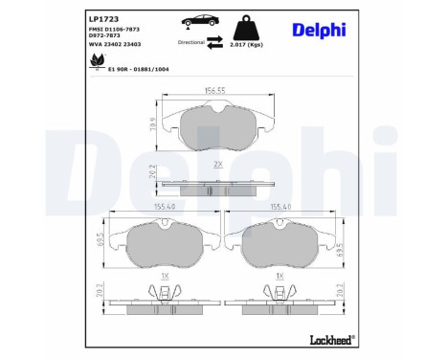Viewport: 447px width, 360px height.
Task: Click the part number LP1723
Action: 102,18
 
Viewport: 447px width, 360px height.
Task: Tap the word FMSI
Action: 97,31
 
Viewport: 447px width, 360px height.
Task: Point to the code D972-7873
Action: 106,38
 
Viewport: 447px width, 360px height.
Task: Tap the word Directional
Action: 190,42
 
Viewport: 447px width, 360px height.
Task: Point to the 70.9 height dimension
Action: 150,123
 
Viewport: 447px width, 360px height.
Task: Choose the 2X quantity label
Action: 217,165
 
